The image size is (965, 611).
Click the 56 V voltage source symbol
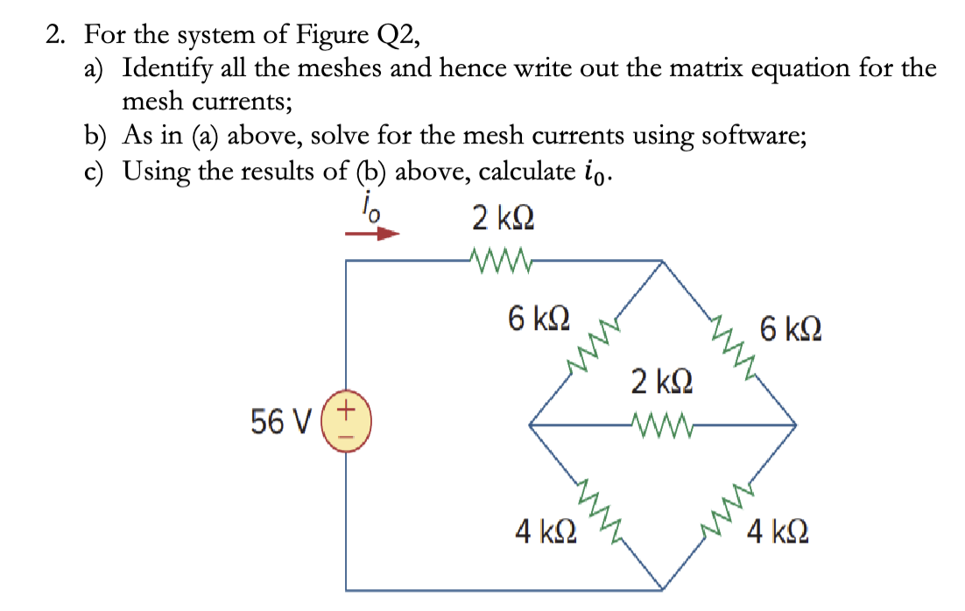(348, 424)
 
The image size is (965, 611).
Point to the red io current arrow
(371, 235)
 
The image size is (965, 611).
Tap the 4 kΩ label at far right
(778, 531)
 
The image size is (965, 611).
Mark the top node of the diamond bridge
(661, 260)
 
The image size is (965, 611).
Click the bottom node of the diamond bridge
(663, 588)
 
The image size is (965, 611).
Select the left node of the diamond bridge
(529, 425)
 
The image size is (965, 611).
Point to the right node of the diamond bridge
(795, 425)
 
